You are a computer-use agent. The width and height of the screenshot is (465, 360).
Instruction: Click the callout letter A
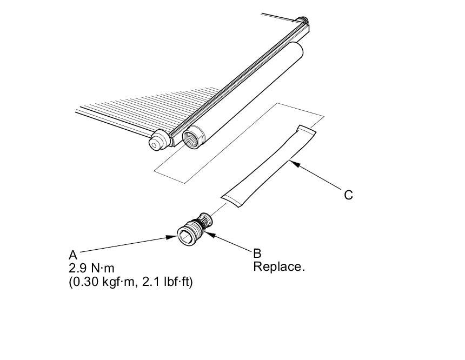coord(73,255)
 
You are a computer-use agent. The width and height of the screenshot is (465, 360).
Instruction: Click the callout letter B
coord(257,253)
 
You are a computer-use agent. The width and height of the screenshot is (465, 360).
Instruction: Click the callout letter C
coord(349,195)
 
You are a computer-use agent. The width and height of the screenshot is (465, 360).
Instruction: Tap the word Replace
coord(279,266)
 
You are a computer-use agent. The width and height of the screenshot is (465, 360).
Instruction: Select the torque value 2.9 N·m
coord(92,268)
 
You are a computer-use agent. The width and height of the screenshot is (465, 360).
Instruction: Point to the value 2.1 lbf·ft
coord(164,282)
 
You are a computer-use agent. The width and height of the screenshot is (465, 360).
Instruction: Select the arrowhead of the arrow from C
coord(293,161)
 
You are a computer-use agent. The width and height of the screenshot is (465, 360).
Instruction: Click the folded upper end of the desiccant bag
coord(305,131)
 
